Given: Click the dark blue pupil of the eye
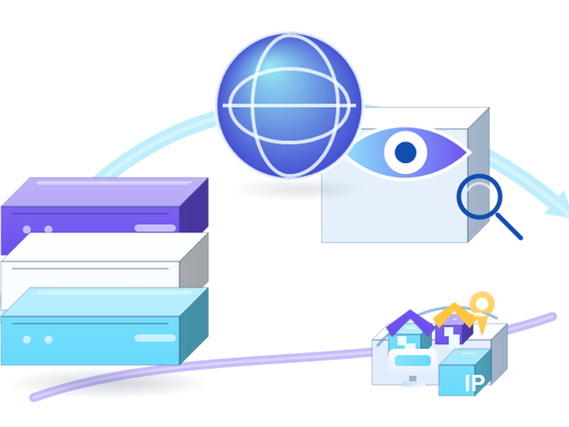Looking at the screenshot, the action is [x=405, y=152].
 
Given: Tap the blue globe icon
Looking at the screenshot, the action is [x=289, y=105].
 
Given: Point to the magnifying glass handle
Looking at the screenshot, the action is [x=509, y=226].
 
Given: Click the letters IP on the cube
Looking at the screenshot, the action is [x=474, y=384].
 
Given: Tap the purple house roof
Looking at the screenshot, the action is [x=410, y=322].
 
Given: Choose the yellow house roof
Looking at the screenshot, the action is [x=454, y=315].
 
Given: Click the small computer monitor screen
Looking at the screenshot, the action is [x=413, y=361].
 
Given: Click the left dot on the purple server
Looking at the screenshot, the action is [x=26, y=229].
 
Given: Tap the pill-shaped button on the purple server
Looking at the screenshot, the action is [x=155, y=228].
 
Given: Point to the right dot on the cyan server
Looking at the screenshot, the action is [x=48, y=339].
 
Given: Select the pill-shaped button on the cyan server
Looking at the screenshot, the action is [x=155, y=338].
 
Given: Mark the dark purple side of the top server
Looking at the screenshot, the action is [x=193, y=206].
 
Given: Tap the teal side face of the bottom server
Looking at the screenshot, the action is [x=193, y=326].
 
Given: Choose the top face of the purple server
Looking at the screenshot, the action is [x=105, y=191].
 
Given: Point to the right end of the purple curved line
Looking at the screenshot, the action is [x=553, y=317].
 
